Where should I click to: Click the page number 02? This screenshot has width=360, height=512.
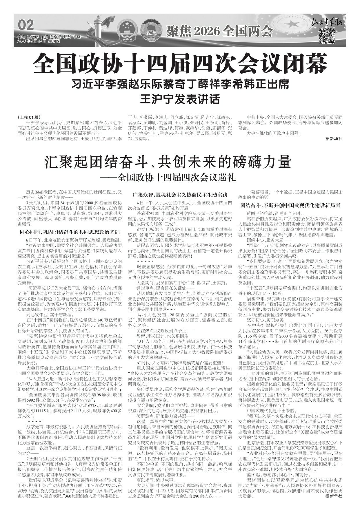[x=26, y=25]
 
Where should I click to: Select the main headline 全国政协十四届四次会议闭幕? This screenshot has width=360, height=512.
[x=180, y=63]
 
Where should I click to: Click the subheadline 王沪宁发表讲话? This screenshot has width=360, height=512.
[x=180, y=99]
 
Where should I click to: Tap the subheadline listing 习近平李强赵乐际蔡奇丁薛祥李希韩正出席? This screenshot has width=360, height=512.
[x=180, y=85]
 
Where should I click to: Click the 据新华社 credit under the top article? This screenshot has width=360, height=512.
[x=334, y=139]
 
